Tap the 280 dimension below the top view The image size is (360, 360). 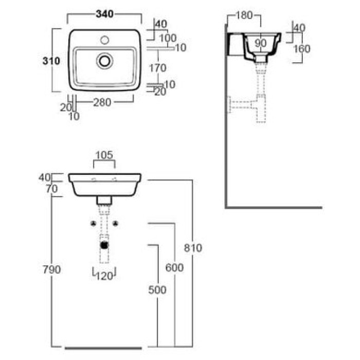click(x=102, y=102)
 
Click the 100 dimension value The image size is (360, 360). click(x=168, y=38)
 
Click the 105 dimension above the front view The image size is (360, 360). click(x=104, y=154)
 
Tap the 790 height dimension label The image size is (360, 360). click(x=52, y=269)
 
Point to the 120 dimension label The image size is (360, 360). click(x=104, y=276)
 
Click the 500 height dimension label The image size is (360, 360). click(x=157, y=290)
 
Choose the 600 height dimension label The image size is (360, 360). click(x=175, y=267)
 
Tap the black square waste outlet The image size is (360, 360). click(x=104, y=245)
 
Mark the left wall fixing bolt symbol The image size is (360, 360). click(x=93, y=223)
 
